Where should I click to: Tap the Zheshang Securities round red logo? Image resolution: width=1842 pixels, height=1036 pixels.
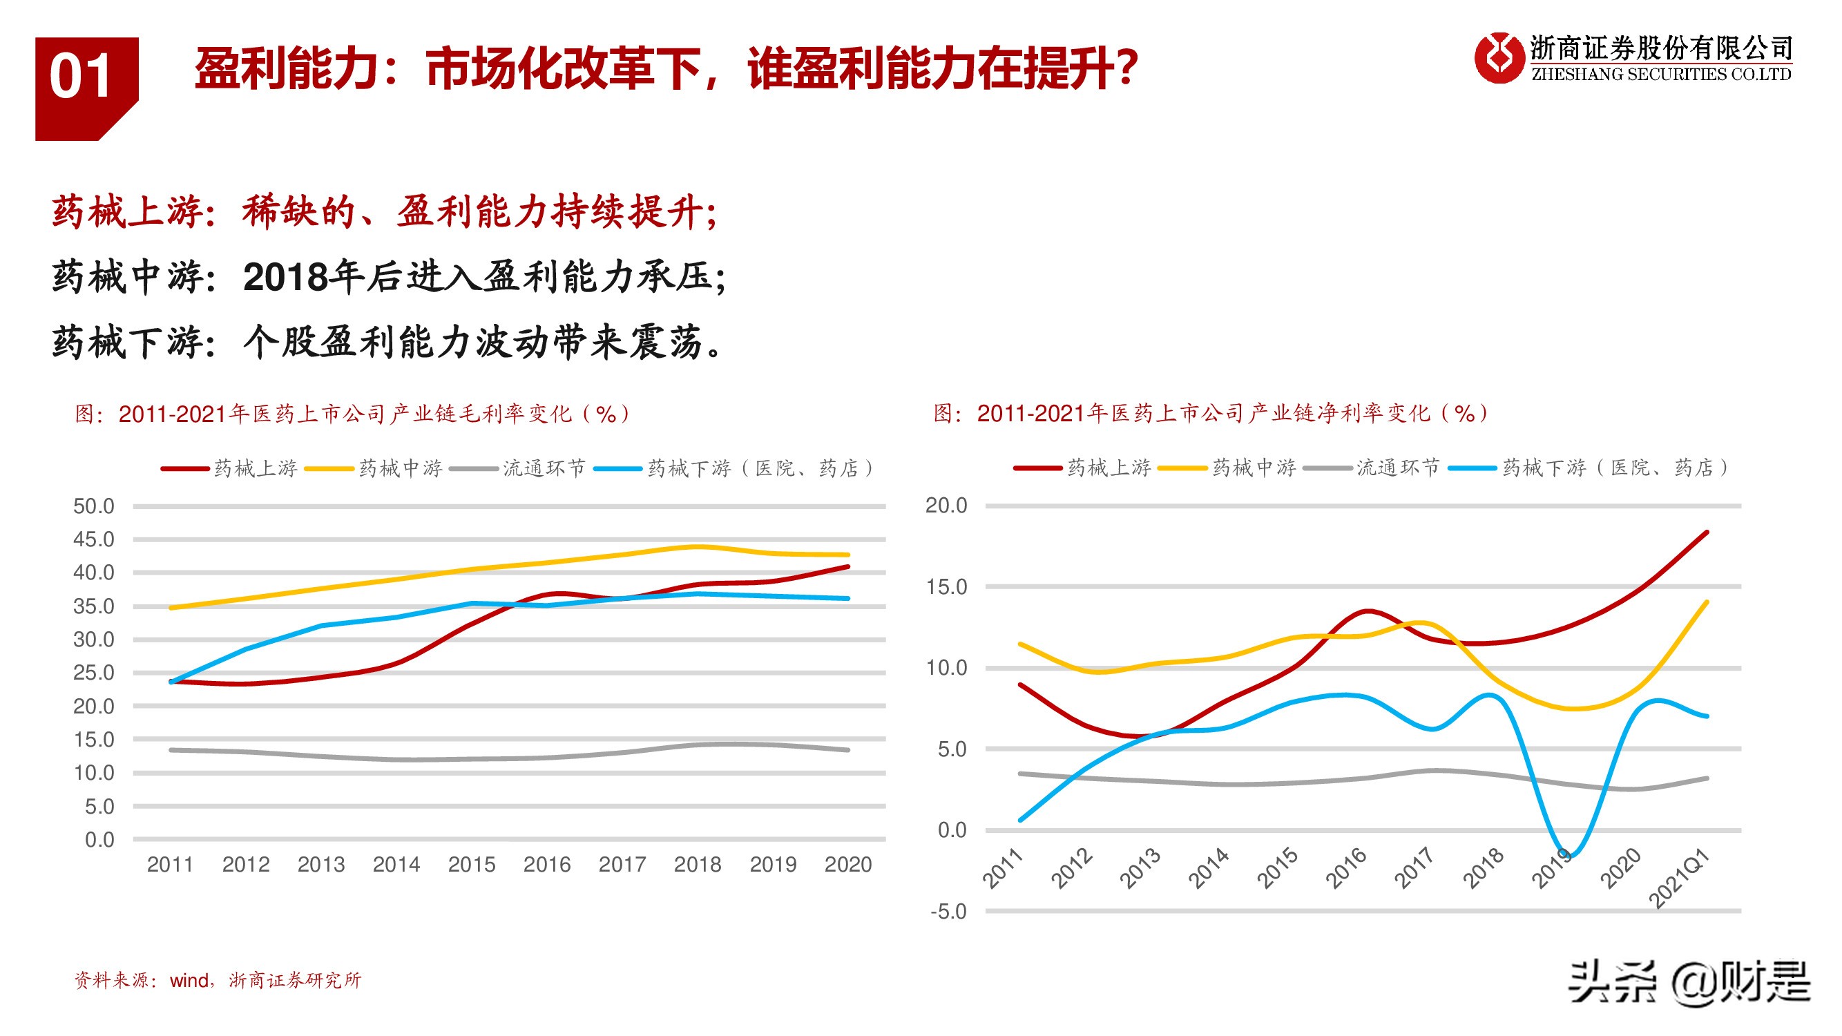(1497, 58)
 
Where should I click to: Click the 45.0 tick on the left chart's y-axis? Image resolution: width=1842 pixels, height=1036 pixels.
(94, 540)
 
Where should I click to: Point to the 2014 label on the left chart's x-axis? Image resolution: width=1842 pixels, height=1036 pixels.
(396, 865)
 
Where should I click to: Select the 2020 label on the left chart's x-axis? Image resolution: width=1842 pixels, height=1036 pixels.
(848, 865)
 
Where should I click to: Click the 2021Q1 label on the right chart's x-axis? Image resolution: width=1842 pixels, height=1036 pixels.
(1679, 879)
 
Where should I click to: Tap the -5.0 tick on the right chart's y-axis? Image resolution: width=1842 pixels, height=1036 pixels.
(948, 912)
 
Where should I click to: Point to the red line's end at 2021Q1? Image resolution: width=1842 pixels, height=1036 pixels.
(1707, 533)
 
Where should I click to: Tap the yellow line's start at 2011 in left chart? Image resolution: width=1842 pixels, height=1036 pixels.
(171, 608)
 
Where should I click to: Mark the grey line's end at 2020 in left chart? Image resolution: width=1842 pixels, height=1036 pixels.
(848, 750)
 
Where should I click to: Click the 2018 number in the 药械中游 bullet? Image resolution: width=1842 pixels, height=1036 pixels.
(286, 278)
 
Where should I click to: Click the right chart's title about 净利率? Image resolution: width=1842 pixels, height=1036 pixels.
(1211, 412)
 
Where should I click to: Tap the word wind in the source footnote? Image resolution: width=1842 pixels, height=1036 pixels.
(189, 980)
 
